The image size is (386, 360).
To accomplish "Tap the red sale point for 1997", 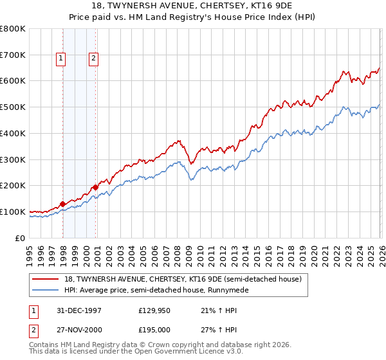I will coord(63,204).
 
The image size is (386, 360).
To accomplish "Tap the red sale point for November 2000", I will coord(95,187).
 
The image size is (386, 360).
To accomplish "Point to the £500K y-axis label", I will coord(12,107).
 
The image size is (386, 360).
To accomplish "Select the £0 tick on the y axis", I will coord(21,238).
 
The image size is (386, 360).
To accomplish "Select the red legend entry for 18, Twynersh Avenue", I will coord(187,279).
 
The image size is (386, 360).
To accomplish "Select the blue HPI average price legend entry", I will coord(160,291).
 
